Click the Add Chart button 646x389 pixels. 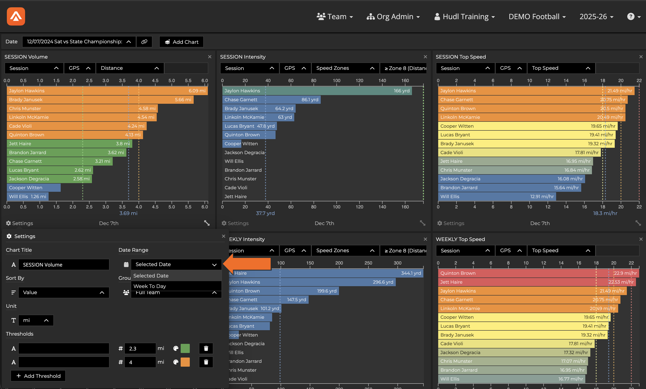coord(181,42)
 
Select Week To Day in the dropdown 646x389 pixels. coord(150,286)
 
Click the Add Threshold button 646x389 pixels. coord(38,376)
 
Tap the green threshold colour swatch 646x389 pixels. coord(185,348)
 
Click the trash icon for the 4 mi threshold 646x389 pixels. coord(206,362)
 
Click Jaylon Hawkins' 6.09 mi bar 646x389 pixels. coord(107,91)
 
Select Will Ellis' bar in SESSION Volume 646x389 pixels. coord(28,196)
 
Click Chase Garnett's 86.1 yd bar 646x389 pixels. coord(271,100)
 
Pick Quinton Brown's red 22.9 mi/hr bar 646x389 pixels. coord(538,273)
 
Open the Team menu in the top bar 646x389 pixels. coord(335,16)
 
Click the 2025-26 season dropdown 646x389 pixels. coord(596,16)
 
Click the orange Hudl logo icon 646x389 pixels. coord(16,16)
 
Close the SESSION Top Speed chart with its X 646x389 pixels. coord(641,57)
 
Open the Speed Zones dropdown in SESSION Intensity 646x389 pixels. coord(345,68)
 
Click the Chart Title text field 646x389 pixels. coord(64,265)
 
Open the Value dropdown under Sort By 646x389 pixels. coord(64,292)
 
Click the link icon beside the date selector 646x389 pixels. coord(144,42)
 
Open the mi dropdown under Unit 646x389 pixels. coord(36,320)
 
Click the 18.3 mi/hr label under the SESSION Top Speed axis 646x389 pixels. coord(605,213)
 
